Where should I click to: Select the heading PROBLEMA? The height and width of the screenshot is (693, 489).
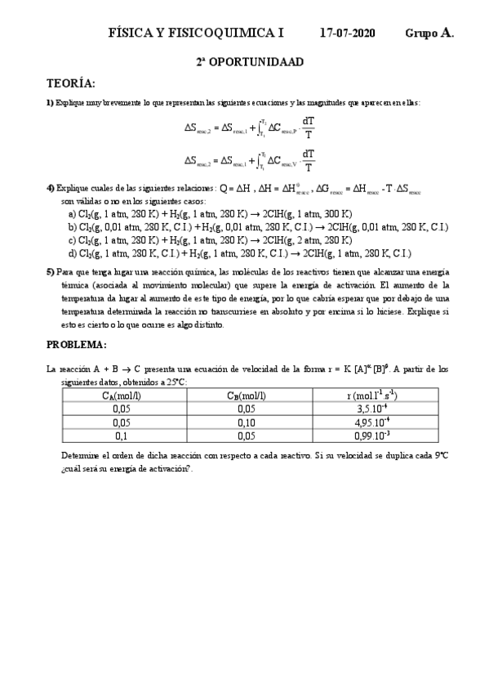coord(76,344)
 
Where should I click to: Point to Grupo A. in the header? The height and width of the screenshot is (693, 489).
coord(429,34)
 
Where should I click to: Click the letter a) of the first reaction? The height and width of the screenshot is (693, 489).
coord(73,213)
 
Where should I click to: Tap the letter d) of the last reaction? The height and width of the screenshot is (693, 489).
coord(73,253)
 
